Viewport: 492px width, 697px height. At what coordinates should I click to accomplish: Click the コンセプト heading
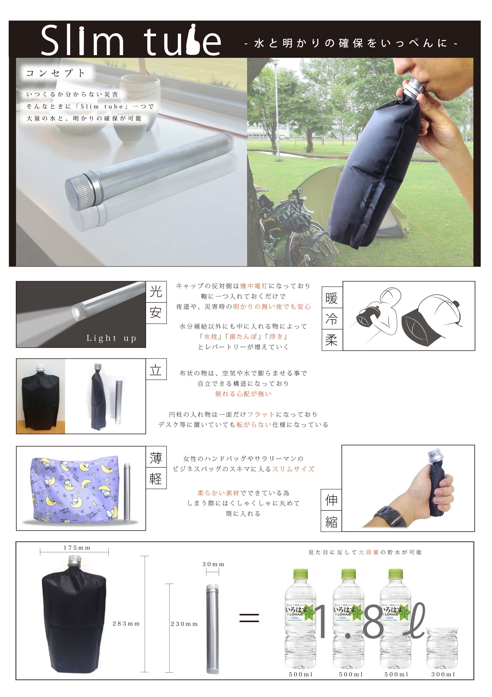[x=56, y=73]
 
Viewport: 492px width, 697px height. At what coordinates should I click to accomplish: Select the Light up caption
[x=111, y=338]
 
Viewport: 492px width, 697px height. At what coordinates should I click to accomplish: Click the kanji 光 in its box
[x=156, y=291]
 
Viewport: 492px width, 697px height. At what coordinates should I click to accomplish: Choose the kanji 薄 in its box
[x=156, y=458]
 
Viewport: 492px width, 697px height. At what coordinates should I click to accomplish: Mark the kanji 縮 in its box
[x=331, y=522]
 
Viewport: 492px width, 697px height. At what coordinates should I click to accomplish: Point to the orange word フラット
[x=261, y=414]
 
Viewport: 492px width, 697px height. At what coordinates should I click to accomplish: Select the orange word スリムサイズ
[x=293, y=469]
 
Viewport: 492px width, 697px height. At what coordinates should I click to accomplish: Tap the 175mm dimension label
[x=77, y=548]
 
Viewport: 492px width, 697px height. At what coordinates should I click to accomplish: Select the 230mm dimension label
[x=184, y=624]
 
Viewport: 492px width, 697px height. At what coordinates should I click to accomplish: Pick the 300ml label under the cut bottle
[x=443, y=674]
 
